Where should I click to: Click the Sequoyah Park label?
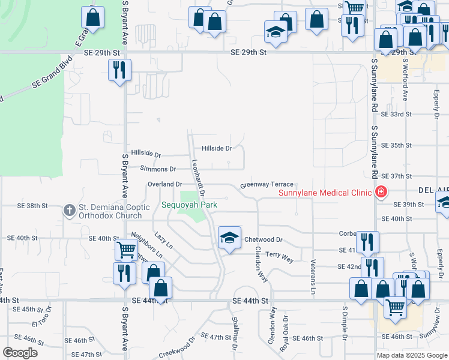click(189, 205)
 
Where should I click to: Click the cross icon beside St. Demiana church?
click(69, 211)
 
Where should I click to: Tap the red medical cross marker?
click(379, 192)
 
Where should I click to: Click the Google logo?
click(20, 353)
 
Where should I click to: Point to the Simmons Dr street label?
click(158, 170)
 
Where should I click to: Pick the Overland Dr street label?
click(165, 184)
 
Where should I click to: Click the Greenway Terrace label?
click(267, 185)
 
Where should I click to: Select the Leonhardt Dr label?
click(199, 178)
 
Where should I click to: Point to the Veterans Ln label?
click(313, 276)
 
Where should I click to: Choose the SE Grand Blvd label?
click(53, 71)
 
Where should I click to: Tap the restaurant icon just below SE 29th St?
click(119, 69)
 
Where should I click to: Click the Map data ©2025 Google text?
click(411, 355)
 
